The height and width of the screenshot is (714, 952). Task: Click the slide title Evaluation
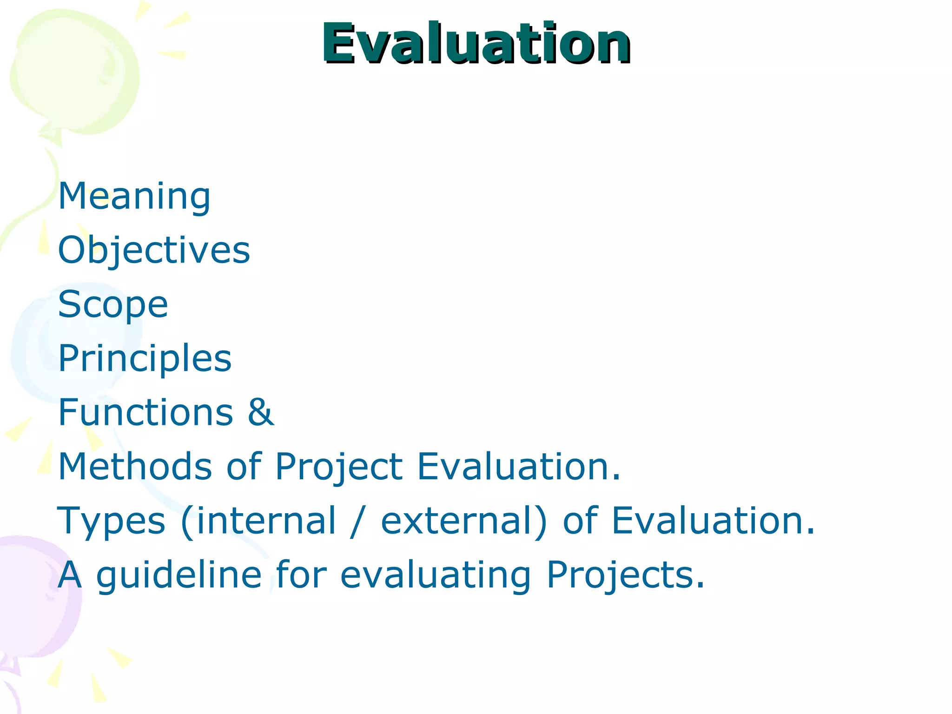(x=476, y=44)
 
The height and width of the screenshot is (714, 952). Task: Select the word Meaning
(x=134, y=196)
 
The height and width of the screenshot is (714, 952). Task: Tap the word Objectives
(x=154, y=251)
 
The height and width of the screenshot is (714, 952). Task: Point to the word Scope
(x=113, y=304)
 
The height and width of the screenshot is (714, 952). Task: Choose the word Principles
(x=145, y=358)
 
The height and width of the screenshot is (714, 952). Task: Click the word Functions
(x=145, y=412)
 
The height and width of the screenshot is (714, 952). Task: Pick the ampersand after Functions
(x=261, y=412)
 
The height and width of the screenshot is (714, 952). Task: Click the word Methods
(x=135, y=466)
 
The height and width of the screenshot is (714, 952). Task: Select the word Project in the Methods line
(x=339, y=466)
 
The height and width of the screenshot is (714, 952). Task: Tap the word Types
(x=111, y=521)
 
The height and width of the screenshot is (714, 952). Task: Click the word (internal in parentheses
(x=258, y=521)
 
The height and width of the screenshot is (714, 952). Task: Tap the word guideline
(x=179, y=575)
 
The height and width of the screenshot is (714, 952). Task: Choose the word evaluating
(x=436, y=575)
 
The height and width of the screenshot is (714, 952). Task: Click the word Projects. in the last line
(x=625, y=575)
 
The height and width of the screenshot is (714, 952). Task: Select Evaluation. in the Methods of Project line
(x=519, y=466)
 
